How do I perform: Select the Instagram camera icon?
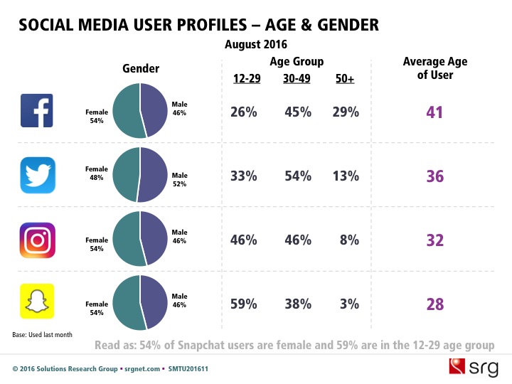38,240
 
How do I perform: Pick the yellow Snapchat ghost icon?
38,304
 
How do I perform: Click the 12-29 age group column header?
246,78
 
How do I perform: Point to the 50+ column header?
345,78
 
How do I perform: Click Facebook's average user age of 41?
434,112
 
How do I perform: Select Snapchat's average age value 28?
434,304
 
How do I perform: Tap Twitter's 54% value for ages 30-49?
297,176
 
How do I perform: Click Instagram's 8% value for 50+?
348,240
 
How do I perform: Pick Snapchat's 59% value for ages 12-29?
244,304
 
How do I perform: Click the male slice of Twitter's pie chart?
153,176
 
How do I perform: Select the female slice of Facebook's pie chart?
127,113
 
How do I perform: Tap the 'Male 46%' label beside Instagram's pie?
180,236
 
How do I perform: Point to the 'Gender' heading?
141,69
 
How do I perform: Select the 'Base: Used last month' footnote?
42,334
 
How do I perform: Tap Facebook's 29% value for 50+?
346,112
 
